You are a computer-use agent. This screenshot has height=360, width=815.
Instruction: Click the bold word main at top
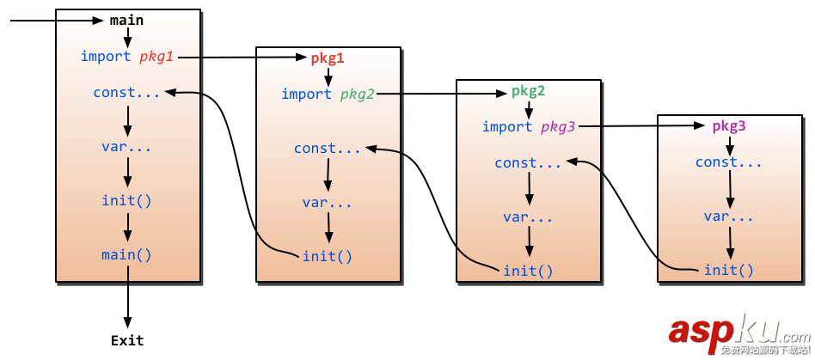[127, 20]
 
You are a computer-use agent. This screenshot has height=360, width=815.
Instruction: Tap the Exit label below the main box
[127, 340]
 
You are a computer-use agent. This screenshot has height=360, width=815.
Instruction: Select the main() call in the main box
[126, 254]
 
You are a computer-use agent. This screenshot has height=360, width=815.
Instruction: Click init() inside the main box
[126, 200]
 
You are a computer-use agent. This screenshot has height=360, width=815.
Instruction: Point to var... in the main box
[126, 146]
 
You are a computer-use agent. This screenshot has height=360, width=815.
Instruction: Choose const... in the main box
[126, 92]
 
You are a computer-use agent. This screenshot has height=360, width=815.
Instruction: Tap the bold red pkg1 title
[328, 58]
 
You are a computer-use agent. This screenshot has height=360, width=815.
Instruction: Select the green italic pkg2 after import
[357, 94]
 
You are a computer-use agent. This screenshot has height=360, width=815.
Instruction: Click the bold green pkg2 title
[528, 90]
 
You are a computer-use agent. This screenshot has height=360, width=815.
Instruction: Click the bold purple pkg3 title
[728, 125]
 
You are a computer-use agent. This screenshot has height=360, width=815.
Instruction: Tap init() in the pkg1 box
[327, 256]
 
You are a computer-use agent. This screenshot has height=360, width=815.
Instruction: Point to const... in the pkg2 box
[528, 162]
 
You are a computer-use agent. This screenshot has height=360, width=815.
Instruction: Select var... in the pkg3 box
[728, 216]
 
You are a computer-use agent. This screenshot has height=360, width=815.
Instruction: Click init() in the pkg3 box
[728, 271]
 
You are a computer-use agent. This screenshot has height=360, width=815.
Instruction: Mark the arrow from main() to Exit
[127, 296]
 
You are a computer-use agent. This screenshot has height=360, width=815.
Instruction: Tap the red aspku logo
[724, 331]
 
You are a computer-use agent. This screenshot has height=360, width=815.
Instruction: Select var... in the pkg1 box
[327, 203]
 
